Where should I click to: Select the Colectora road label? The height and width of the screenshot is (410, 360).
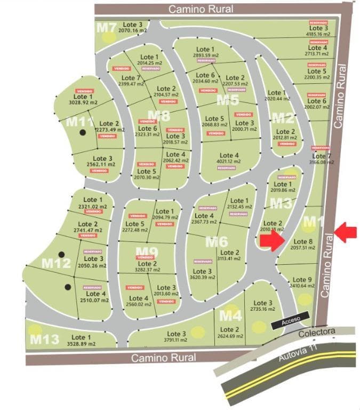click(317, 333)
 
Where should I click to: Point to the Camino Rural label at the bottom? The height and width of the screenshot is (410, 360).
click(163, 358)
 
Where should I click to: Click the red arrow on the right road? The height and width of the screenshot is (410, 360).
click(346, 232)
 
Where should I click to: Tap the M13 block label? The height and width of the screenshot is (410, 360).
click(44, 339)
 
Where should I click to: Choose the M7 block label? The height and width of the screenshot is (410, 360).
click(107, 27)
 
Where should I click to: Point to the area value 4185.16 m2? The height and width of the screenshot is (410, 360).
click(318, 34)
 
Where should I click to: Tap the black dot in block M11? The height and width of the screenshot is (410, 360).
click(83, 132)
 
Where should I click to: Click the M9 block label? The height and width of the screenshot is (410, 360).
click(147, 251)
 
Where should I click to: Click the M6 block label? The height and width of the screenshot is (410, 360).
click(217, 242)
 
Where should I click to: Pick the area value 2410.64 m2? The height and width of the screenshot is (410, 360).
click(302, 286)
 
